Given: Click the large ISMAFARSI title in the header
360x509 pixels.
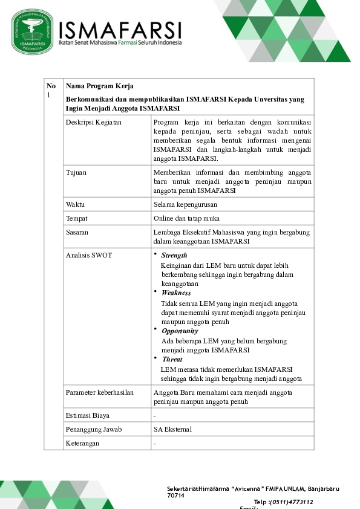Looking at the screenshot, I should pyautogui.click(x=120, y=29).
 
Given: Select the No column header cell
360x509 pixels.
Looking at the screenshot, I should pyautogui.click(x=51, y=86).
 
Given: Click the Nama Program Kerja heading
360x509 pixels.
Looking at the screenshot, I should pyautogui.click(x=100, y=86).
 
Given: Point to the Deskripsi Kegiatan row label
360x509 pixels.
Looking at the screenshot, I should pyautogui.click(x=94, y=122).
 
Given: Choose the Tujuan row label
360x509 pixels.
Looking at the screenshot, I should pyautogui.click(x=76, y=172).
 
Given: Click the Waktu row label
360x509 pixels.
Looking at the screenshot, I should pyautogui.click(x=76, y=204).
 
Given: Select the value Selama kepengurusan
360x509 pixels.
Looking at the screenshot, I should pyautogui.click(x=185, y=204).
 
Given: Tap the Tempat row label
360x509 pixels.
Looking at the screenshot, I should pyautogui.click(x=77, y=218).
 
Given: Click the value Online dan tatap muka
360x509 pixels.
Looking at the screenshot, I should pyautogui.click(x=186, y=218).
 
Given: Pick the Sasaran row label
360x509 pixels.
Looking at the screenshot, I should pyautogui.click(x=77, y=232).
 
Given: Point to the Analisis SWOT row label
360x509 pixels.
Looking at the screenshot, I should pyautogui.click(x=89, y=255).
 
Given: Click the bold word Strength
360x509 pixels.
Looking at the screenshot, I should pyautogui.click(x=174, y=256).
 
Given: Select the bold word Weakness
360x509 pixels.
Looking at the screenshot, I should pyautogui.click(x=176, y=293).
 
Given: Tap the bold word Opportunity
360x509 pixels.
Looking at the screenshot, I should pyautogui.click(x=180, y=331).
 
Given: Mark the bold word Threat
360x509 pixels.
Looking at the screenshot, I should pyautogui.click(x=172, y=359).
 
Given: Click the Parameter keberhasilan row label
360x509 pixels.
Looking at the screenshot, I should pyautogui.click(x=100, y=392).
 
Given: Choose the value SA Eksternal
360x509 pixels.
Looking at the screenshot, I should pyautogui.click(x=172, y=429).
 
